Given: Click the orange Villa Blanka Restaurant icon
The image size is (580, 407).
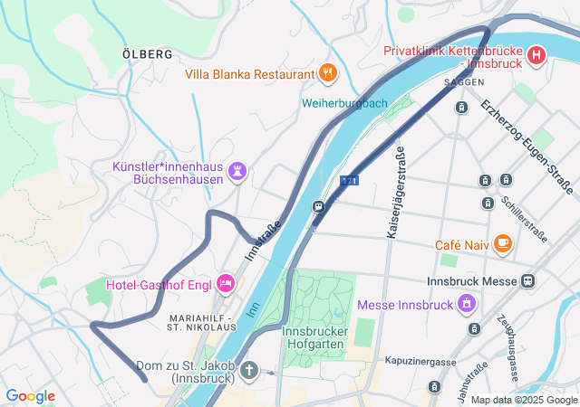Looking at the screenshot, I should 328,73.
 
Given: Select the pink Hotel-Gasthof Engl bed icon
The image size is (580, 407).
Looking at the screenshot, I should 227,285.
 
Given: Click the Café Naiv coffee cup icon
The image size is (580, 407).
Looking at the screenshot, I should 503,244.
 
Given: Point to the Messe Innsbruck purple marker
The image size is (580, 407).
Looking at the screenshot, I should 467,304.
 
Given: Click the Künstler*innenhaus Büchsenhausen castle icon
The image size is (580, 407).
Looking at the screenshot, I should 237,170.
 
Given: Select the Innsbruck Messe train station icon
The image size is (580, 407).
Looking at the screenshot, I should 526,281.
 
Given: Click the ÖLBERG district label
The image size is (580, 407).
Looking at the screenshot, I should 147,54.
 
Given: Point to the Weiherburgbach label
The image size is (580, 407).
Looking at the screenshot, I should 343,102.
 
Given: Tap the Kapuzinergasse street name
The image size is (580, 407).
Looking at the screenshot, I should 420,361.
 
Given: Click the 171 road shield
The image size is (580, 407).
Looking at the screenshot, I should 349,181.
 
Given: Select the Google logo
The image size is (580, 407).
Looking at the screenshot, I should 30,396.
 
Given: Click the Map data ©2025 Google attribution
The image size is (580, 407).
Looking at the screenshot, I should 523,400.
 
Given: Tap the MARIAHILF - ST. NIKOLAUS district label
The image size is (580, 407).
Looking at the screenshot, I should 202,323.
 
